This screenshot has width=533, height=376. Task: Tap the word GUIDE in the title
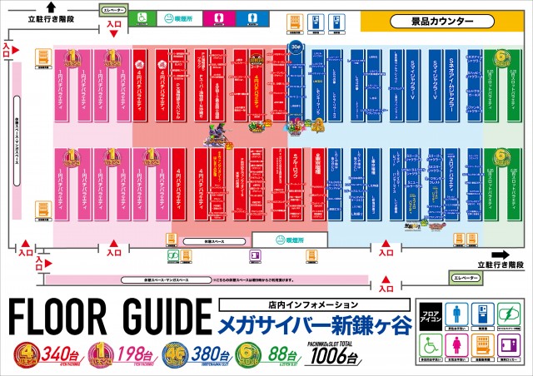(x=158, y=316)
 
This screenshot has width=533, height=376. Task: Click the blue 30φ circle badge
(x=295, y=47)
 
